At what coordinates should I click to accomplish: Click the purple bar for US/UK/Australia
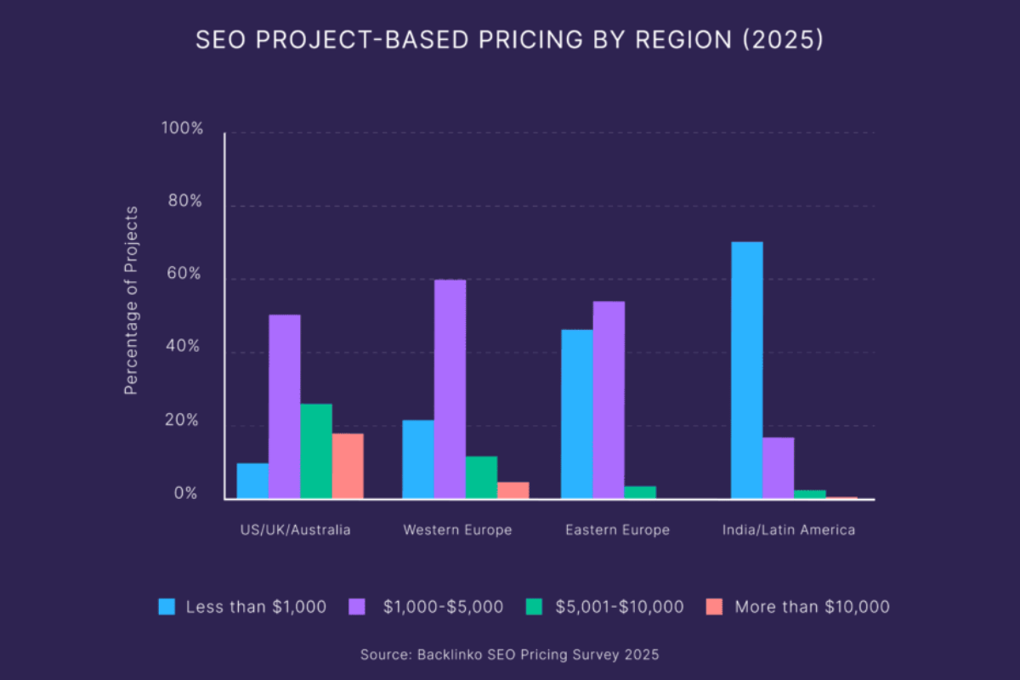(284, 406)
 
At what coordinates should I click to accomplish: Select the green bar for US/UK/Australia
(316, 450)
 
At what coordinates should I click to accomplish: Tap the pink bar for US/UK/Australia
(348, 466)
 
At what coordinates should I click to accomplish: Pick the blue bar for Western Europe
(418, 459)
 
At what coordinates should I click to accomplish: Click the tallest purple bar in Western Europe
(450, 388)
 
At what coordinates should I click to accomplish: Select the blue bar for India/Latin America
(746, 370)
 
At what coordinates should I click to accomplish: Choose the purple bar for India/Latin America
(778, 467)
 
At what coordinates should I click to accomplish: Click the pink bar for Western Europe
(513, 490)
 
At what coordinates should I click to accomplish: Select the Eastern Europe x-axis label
(617, 530)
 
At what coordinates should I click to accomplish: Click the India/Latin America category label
(788, 530)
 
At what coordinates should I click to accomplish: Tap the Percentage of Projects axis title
(130, 313)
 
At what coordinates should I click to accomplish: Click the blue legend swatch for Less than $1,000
(167, 607)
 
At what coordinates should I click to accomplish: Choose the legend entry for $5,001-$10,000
(619, 607)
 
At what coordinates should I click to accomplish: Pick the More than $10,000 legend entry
(812, 607)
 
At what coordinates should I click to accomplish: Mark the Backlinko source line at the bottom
(510, 654)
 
